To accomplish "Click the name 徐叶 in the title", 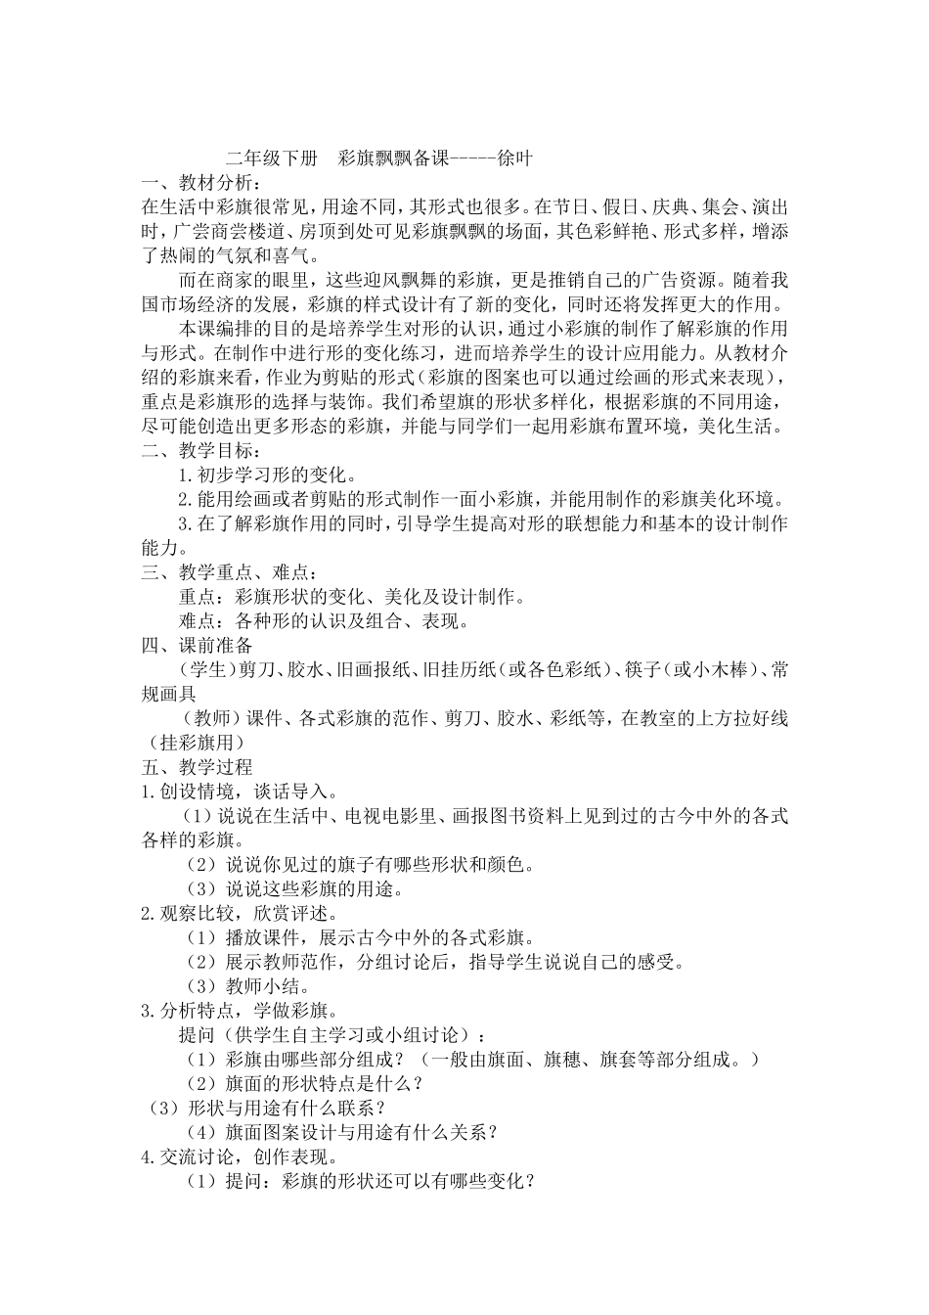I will (x=514, y=159).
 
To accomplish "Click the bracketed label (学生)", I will (x=206, y=670).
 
